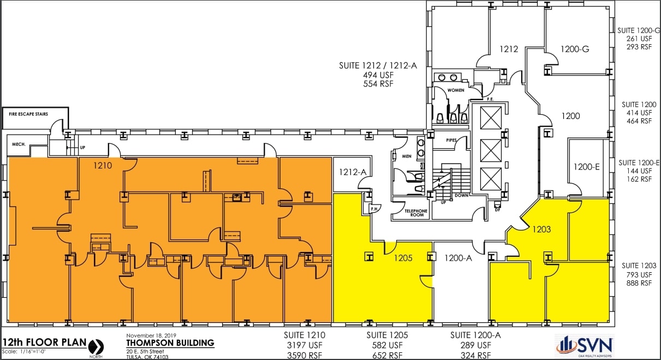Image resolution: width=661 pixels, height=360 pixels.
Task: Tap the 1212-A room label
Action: pyautogui.click(x=353, y=172)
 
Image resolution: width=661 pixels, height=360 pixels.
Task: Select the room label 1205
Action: pyautogui.click(x=403, y=258)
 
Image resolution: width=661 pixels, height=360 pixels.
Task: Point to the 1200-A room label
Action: pyautogui.click(x=458, y=258)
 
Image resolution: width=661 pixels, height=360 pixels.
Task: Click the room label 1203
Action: pyautogui.click(x=541, y=229)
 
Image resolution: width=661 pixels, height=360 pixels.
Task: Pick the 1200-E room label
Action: pyautogui.click(x=586, y=167)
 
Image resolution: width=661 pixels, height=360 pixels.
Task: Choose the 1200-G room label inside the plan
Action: pyautogui.click(x=575, y=50)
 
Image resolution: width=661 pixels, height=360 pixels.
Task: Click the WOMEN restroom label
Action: pyautogui.click(x=456, y=89)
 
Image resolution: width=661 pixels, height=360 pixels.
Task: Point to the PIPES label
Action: pyautogui.click(x=451, y=140)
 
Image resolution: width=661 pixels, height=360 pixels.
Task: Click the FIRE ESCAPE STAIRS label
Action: pyautogui.click(x=28, y=114)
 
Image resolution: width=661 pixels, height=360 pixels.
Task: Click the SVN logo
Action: pyautogui.click(x=585, y=346)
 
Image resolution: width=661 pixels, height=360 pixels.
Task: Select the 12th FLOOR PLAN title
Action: pyautogui.click(x=44, y=343)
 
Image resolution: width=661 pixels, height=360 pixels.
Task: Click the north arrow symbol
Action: pyautogui.click(x=96, y=346)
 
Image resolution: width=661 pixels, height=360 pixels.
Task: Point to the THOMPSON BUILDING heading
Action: pyautogui.click(x=170, y=343)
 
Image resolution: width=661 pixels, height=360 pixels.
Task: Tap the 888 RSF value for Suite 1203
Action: pyautogui.click(x=638, y=283)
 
